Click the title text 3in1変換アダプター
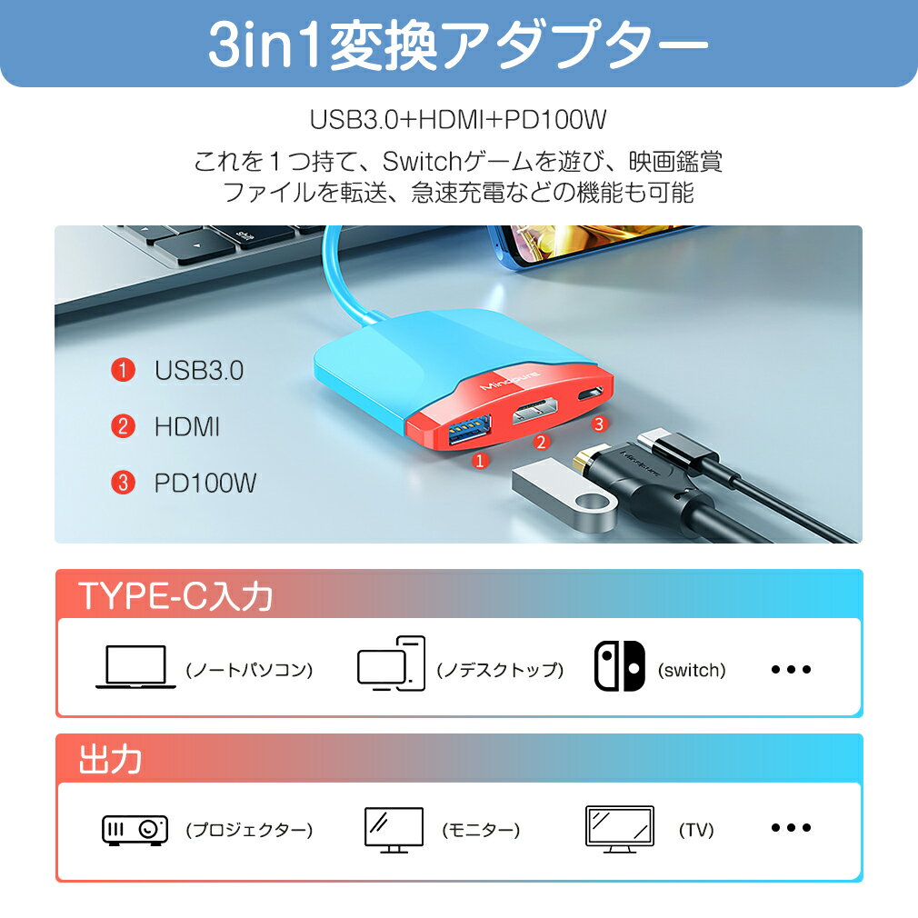coord(458,44)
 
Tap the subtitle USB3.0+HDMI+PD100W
coord(458,119)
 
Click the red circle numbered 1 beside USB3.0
coord(123,370)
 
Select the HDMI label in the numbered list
coord(186,427)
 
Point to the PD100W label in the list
coord(205,483)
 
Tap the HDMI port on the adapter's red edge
coord(534,411)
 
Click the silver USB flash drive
coord(564,493)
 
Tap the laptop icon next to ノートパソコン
coord(135,667)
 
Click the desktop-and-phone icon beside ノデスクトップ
coord(391,664)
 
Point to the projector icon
coord(135,830)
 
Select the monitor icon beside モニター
coord(394,830)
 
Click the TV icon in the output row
coord(619,828)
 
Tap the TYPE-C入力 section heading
coord(175,596)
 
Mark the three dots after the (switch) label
coord(791,669)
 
